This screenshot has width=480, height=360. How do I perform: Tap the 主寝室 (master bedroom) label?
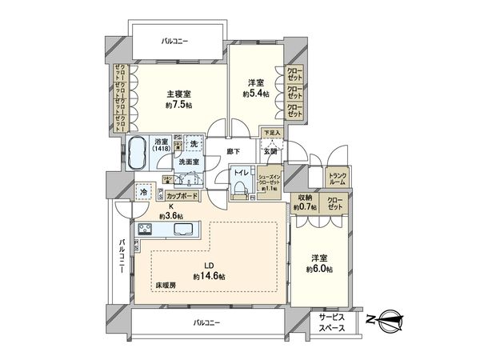(x=178, y=94)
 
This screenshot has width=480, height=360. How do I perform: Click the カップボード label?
(x=182, y=195)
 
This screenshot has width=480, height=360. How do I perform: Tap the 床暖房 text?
(x=166, y=285)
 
